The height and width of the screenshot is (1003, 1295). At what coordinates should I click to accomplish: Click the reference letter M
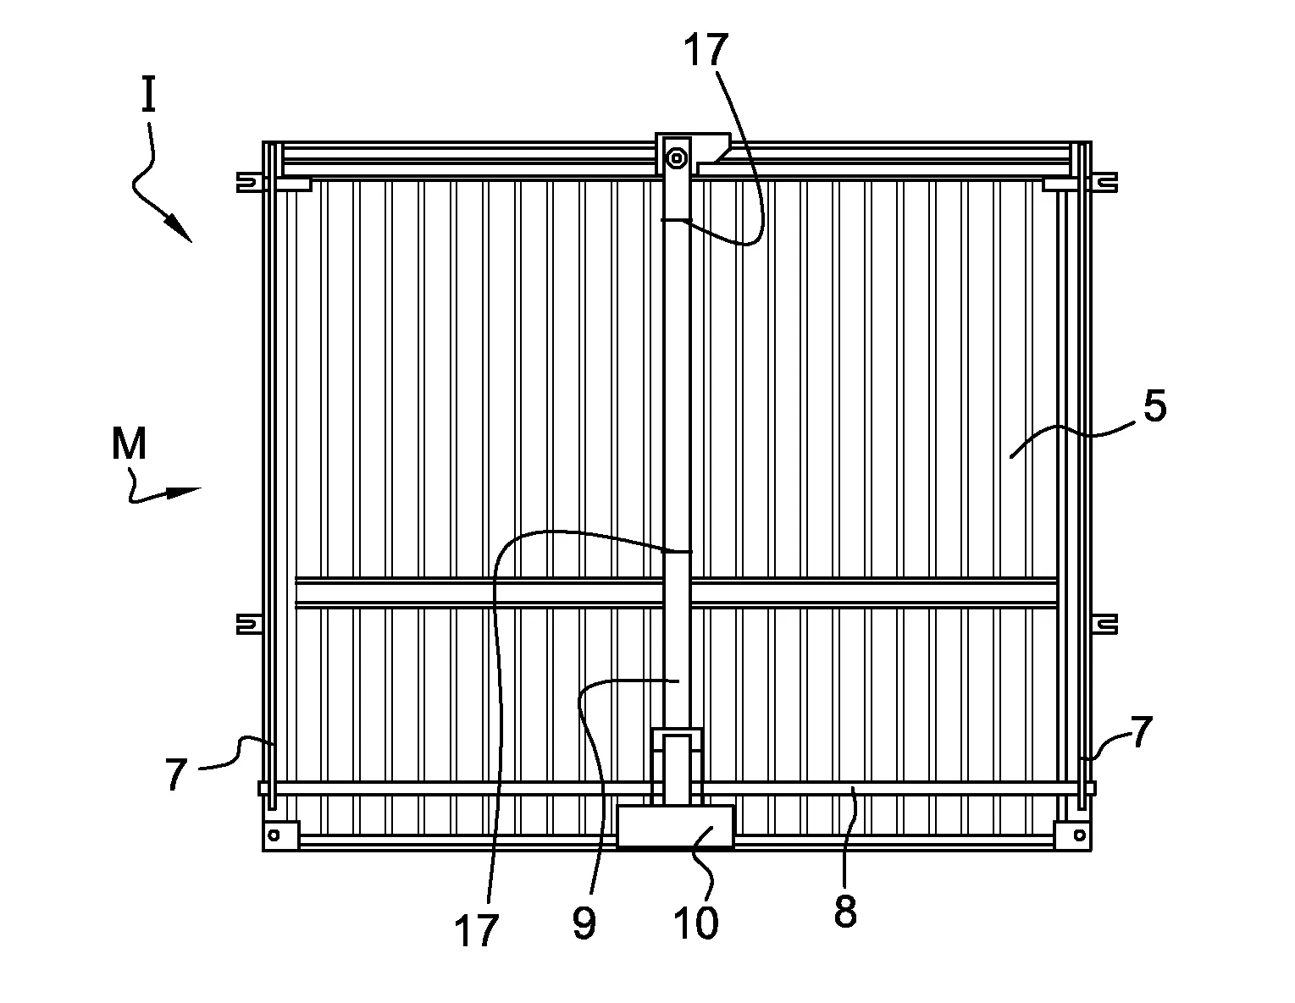[129, 444]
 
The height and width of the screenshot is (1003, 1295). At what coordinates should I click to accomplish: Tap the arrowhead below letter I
[179, 228]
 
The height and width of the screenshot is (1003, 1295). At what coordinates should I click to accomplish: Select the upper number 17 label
[706, 52]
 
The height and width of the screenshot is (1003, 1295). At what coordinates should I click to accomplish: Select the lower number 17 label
[476, 931]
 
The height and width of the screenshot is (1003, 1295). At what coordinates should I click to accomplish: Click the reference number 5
[1154, 407]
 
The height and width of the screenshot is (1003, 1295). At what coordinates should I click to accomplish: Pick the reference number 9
[584, 923]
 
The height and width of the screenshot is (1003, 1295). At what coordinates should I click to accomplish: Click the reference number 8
[845, 912]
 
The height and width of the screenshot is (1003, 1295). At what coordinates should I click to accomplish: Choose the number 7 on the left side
[175, 774]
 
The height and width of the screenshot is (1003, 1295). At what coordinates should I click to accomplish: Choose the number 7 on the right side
[1141, 731]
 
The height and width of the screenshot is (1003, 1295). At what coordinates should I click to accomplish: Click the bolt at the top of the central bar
[676, 157]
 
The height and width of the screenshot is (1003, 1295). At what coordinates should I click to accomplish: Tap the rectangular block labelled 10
[675, 825]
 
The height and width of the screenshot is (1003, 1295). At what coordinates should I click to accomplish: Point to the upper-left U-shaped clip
[246, 182]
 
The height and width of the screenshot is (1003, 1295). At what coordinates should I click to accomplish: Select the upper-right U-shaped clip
[1107, 181]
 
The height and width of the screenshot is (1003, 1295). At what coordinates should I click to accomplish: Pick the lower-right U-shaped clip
[1107, 624]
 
